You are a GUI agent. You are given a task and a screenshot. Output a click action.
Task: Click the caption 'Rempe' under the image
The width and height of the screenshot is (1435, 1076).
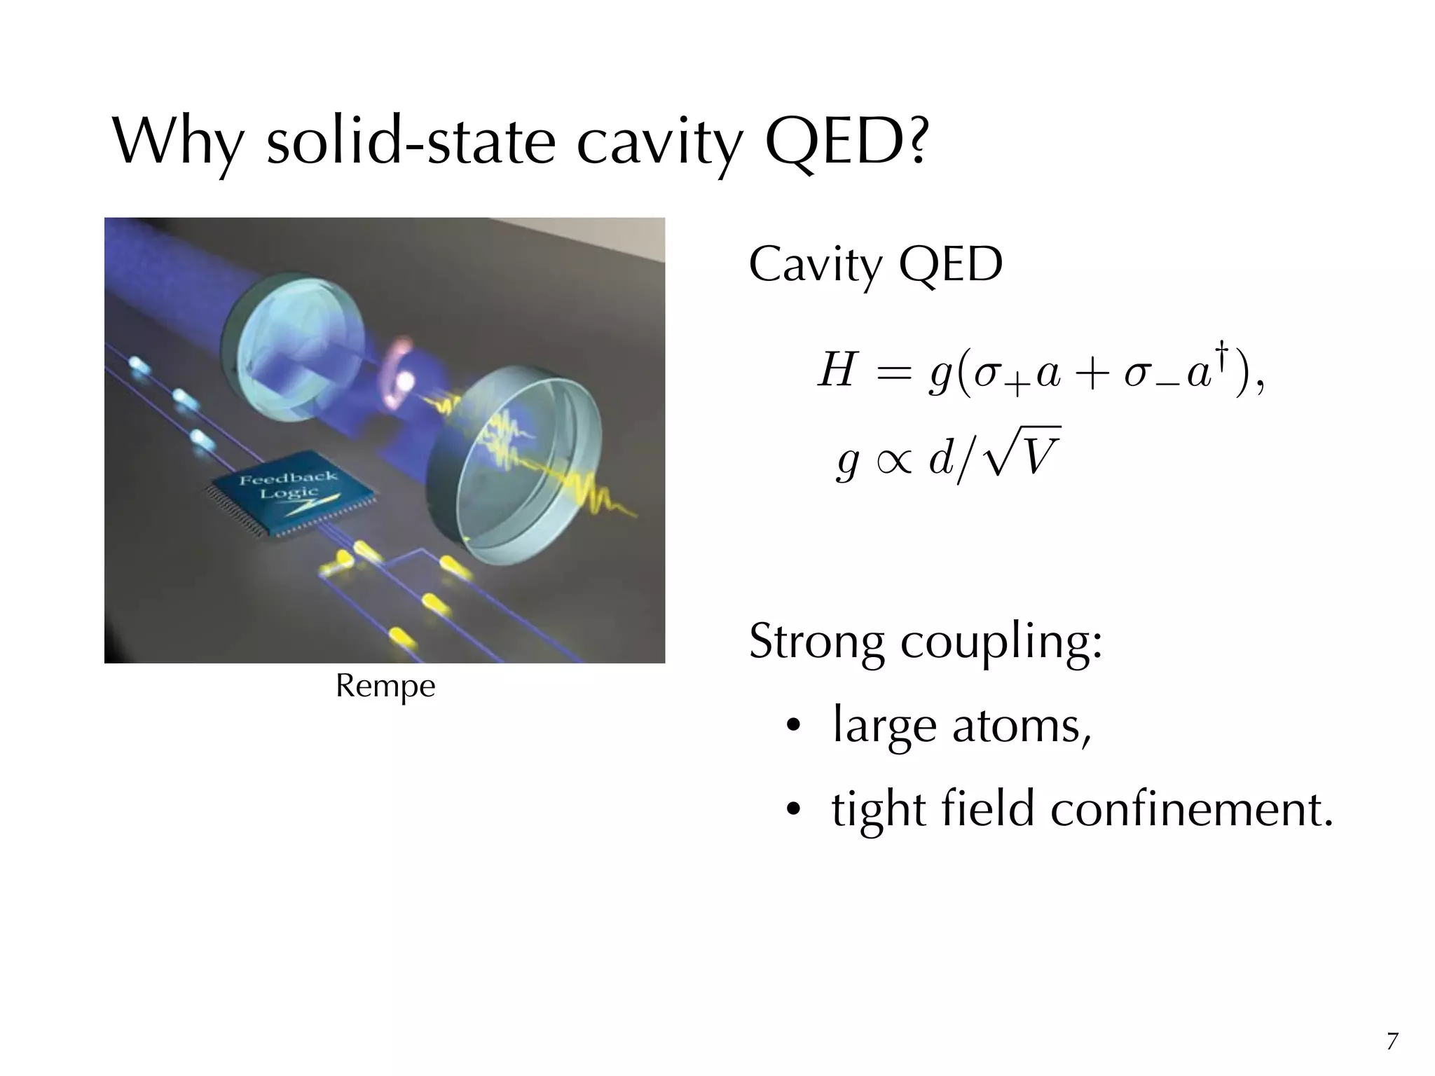385,687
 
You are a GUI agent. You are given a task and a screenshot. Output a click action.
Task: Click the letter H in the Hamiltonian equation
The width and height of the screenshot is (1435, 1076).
838,371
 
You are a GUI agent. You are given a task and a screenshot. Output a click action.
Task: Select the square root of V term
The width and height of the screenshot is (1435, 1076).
1023,455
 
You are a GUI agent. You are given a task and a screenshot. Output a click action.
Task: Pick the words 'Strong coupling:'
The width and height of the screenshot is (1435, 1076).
925,642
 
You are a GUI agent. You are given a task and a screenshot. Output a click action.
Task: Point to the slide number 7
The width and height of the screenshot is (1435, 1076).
1392,1042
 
